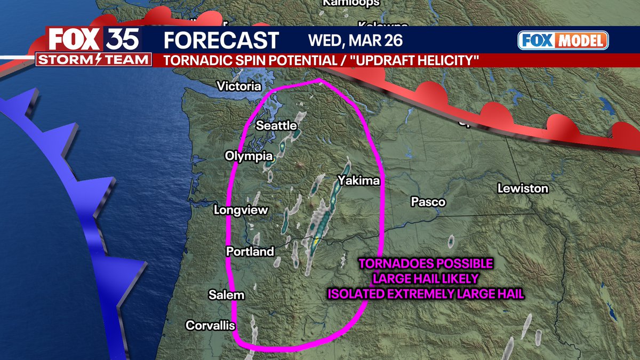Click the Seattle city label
pos(276,126)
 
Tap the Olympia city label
pos(249,156)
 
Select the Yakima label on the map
pos(358,181)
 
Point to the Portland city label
pos(250,252)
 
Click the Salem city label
pos(226,295)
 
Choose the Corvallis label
pos(210,325)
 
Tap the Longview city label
pos(241,210)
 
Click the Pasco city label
pos(428,202)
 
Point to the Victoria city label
pos(239,86)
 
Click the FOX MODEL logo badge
pos(563,41)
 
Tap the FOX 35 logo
pos(94,40)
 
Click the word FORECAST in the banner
pos(221,41)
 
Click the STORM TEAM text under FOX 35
pos(94,59)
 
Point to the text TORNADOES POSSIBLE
pos(425,264)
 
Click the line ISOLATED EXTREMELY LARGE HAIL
pos(425,293)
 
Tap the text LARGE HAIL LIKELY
pos(425,278)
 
